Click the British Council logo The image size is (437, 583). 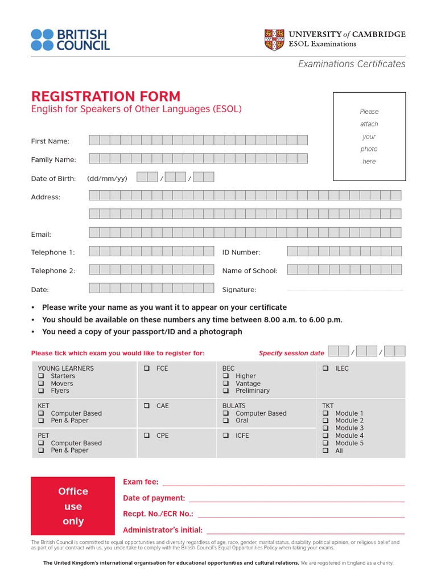(70, 39)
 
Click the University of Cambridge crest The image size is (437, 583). (274, 39)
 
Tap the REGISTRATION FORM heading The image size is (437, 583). (105, 96)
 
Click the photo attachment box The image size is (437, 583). (369, 136)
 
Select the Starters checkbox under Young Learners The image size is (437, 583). (41, 376)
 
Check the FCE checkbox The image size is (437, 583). (146, 369)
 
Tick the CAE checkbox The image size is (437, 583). (146, 406)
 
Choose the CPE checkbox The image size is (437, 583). (146, 436)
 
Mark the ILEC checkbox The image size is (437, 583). (325, 369)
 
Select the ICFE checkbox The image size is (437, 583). (225, 436)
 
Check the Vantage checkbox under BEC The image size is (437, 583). (225, 384)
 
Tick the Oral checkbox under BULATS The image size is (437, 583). (225, 421)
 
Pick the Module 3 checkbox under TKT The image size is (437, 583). (325, 428)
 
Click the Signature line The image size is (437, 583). (344, 290)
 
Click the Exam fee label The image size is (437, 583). (141, 482)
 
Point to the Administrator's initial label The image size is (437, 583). (163, 529)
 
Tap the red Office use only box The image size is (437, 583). (73, 506)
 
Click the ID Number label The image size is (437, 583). (241, 252)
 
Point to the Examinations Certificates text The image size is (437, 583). (352, 64)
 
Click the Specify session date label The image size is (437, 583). (291, 353)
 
